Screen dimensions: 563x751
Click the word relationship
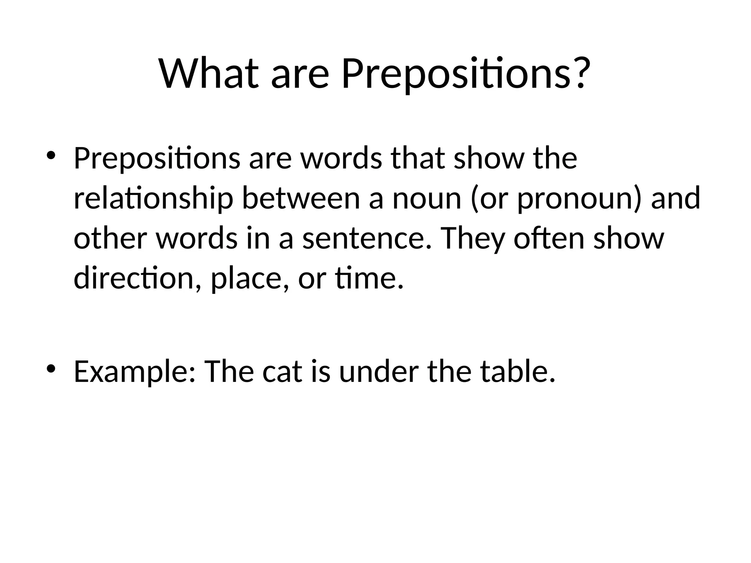(x=153, y=199)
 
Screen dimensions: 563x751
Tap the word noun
(x=426, y=199)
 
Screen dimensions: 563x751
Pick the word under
(x=378, y=372)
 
